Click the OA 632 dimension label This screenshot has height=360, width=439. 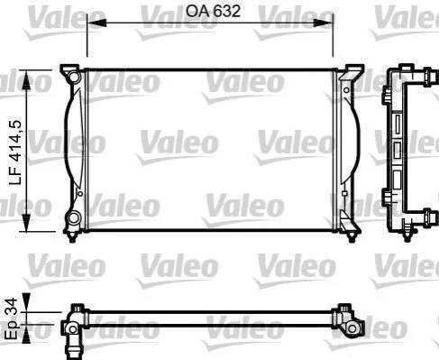(213, 11)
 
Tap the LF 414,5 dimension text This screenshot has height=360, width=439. (15, 152)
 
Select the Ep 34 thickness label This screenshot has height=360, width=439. (13, 318)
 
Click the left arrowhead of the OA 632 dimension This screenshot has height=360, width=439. (96, 23)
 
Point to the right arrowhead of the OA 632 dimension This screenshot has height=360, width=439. (323, 23)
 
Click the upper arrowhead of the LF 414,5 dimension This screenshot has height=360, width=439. (27, 79)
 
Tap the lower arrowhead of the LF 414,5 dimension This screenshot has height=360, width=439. (27, 222)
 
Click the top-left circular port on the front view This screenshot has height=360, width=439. (74, 77)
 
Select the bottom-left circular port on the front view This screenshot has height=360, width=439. (73, 217)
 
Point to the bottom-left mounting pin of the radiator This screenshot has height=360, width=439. (72, 237)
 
